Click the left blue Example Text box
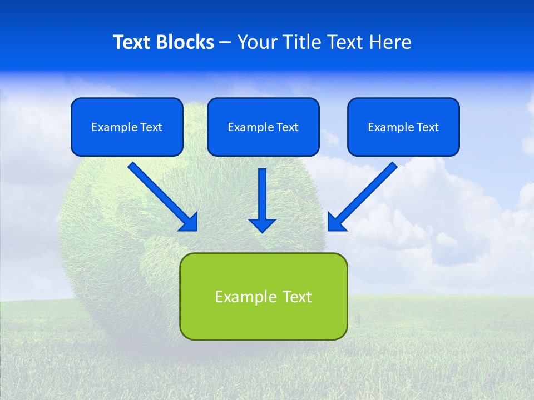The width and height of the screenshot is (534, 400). pyautogui.click(x=127, y=127)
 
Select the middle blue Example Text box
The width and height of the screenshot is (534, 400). pyautogui.click(x=263, y=127)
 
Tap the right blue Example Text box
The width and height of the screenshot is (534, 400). pyautogui.click(x=403, y=127)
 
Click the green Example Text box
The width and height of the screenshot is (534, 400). pyautogui.click(x=263, y=296)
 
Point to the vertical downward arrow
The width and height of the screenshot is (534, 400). pyautogui.click(x=262, y=200)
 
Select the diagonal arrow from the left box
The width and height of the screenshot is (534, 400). pyautogui.click(x=161, y=196)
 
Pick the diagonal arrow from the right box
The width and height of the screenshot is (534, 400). pyautogui.click(x=363, y=196)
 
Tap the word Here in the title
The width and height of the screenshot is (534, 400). pyautogui.click(x=392, y=42)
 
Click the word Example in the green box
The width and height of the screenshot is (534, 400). pyautogui.click(x=239, y=297)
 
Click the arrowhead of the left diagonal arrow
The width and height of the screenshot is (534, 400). pyautogui.click(x=190, y=223)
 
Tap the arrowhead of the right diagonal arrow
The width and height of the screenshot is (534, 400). pyautogui.click(x=335, y=223)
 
